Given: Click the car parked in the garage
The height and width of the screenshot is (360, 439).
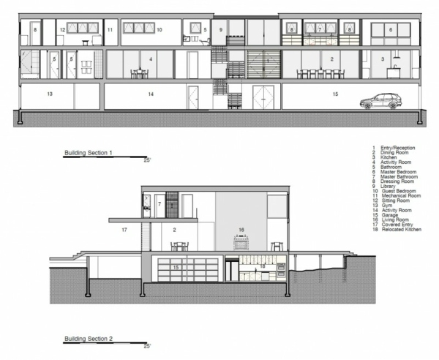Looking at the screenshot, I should pos(379,101).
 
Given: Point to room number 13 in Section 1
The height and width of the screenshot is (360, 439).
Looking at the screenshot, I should pos(49,94).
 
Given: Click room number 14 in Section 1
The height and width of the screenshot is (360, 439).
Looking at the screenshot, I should pos(149,94).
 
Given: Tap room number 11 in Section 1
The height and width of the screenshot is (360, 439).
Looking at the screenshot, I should pos(109,30).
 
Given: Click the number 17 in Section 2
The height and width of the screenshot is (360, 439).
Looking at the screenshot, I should pos(124,230).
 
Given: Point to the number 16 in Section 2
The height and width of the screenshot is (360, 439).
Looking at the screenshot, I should pos(241,230).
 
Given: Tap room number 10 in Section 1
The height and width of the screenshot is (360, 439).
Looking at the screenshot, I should pos(159,30).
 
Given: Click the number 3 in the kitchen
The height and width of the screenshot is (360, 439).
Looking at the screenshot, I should pos(382,58).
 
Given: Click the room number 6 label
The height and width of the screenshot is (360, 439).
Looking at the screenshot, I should pos(391,29).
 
